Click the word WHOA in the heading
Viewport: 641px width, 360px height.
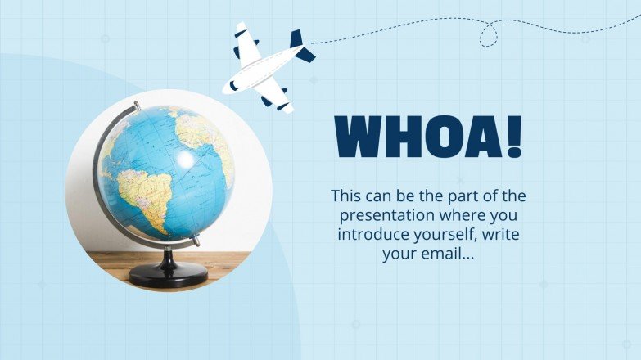[x=418, y=136]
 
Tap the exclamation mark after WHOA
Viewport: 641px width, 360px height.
[x=513, y=136]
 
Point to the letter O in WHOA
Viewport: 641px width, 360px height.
[x=440, y=136]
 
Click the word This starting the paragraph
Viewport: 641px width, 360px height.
[x=346, y=196]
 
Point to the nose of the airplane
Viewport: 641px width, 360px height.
[x=228, y=86]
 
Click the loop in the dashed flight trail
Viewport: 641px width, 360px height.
[x=489, y=34]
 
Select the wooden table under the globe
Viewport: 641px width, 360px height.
[x=106, y=266]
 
